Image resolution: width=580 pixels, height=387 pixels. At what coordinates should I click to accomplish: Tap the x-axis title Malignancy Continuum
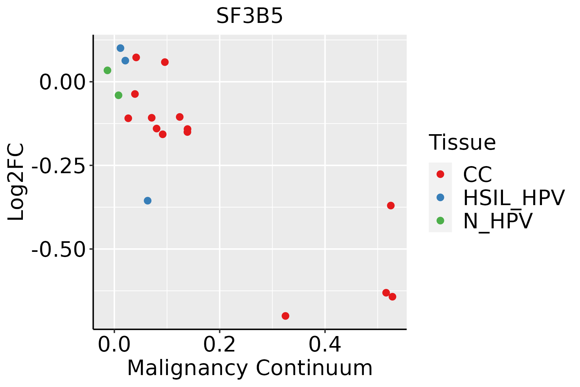point(250,368)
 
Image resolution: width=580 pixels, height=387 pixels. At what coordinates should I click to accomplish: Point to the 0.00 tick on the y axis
point(62,82)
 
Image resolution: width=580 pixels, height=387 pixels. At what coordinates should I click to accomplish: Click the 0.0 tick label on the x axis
point(114,345)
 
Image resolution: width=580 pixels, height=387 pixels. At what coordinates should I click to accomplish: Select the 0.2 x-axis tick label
point(219,345)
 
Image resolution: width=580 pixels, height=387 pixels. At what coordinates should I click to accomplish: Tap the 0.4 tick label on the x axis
point(325,345)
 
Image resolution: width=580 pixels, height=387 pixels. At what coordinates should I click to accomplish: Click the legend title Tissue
point(462,142)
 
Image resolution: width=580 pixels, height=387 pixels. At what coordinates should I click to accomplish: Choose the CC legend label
point(478,174)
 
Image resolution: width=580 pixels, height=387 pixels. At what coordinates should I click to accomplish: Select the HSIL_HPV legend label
point(514,198)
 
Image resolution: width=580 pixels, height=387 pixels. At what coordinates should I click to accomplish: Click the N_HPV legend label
point(498,221)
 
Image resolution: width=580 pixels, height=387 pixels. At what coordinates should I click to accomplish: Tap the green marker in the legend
point(440,221)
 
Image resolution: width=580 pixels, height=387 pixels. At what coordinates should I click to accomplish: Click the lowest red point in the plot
point(285,316)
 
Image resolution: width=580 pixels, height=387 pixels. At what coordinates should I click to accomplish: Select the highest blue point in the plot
point(121,48)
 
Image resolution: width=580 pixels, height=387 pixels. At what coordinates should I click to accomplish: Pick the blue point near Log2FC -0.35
point(148,201)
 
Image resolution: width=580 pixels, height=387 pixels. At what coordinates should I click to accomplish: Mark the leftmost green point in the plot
point(108,70)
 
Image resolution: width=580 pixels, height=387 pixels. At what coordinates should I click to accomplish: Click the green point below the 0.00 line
point(119,95)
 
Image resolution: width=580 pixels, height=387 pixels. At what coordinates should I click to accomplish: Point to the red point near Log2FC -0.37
point(391,205)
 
